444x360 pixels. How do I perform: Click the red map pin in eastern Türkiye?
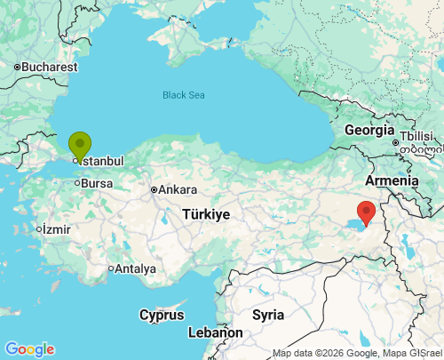click(365, 212)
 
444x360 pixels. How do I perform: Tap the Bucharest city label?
click(50, 67)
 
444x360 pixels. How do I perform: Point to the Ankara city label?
click(178, 189)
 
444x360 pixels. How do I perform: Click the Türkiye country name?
click(206, 214)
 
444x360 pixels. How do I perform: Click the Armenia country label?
click(392, 180)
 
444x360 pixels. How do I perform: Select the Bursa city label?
click(97, 183)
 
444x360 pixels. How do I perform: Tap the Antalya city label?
click(136, 268)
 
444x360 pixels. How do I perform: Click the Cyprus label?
click(162, 315)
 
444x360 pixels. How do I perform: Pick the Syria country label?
click(268, 315)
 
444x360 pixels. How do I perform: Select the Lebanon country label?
click(215, 332)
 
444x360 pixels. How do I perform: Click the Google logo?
click(29, 349)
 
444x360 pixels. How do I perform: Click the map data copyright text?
click(356, 353)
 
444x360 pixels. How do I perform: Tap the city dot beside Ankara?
click(154, 189)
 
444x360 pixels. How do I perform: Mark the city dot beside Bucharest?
click(17, 67)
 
